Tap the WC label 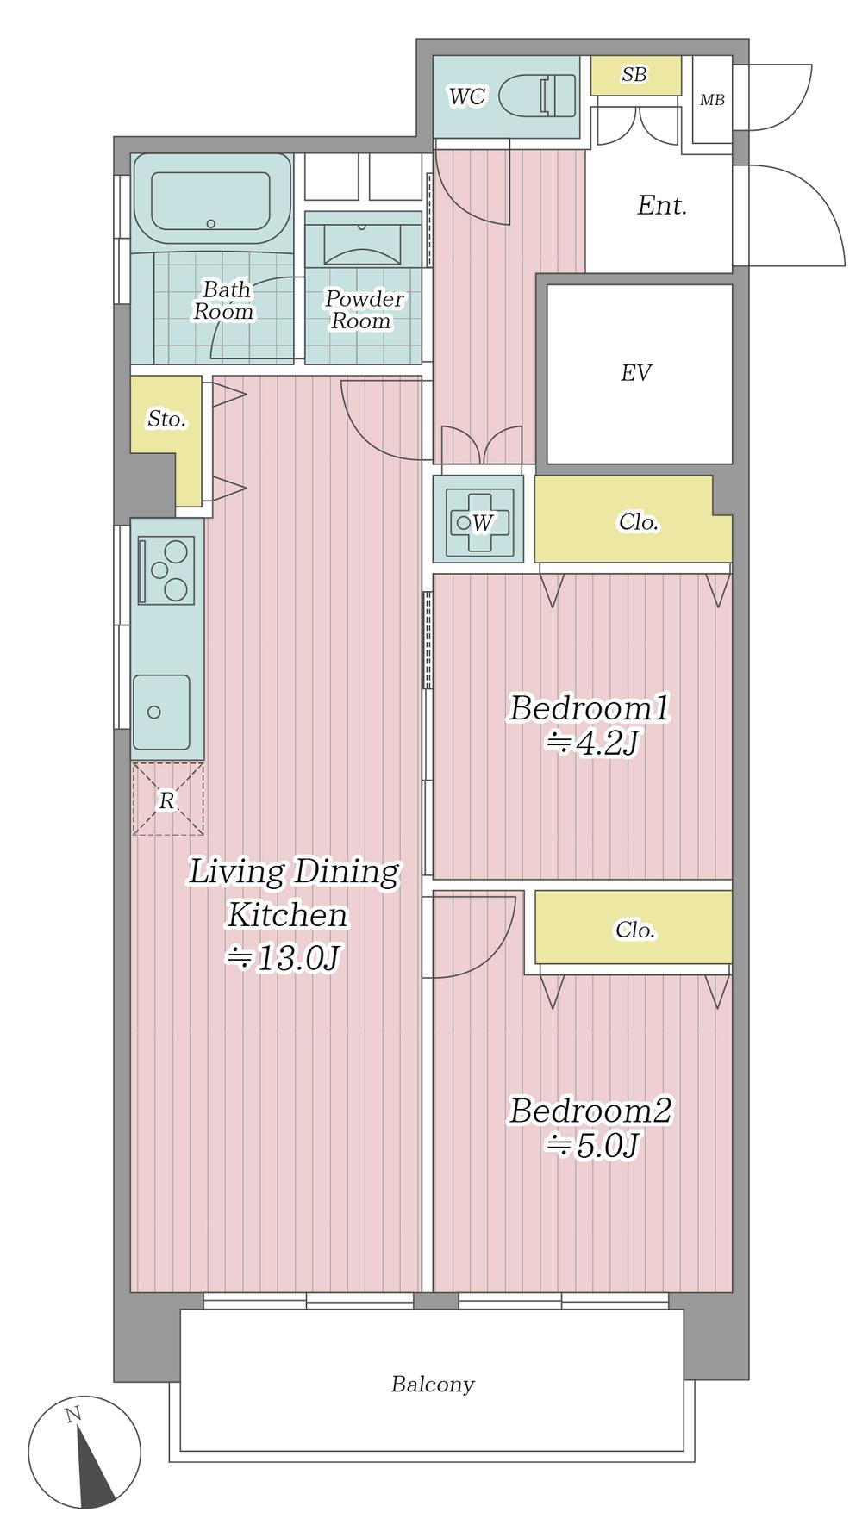(x=466, y=96)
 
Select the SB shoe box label (x=634, y=75)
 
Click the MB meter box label (x=712, y=100)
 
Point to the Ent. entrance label (x=662, y=206)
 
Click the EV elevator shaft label (x=636, y=372)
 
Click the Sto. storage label (x=166, y=420)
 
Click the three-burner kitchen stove (x=166, y=569)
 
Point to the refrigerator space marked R (x=167, y=800)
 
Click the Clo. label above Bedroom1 (x=639, y=522)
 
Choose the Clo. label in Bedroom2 (x=635, y=930)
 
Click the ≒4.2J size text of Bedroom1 (x=591, y=743)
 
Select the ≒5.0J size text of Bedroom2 (x=591, y=1146)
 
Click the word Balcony (x=433, y=1385)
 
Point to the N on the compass (x=73, y=1414)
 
